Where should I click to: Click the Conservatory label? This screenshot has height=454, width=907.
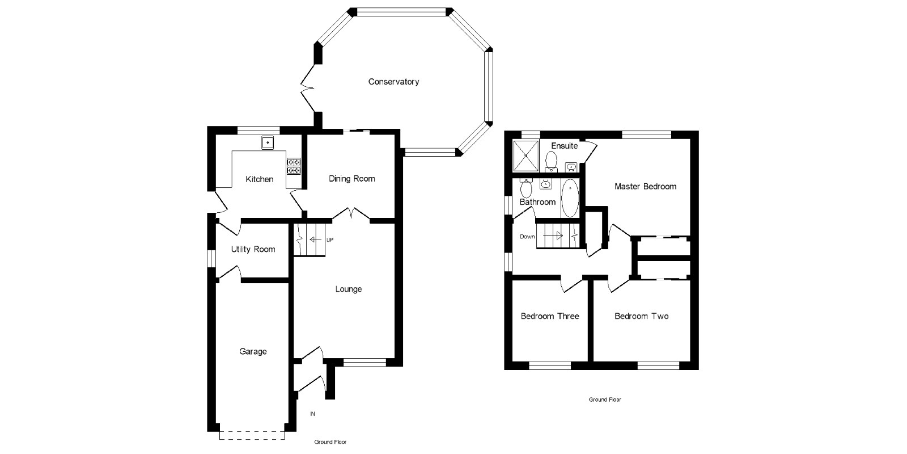393,82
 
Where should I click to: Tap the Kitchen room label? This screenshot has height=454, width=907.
259,179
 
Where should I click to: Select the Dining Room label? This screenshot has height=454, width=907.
351,179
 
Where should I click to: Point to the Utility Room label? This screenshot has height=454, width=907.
253,249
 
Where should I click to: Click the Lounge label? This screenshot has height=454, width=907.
348,289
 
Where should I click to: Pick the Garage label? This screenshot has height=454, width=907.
253,352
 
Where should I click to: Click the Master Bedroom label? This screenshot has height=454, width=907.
645,186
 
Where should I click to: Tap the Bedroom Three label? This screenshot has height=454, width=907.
550,316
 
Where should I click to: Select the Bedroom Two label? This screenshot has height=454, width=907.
641,316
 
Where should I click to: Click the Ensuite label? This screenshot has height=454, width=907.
564,146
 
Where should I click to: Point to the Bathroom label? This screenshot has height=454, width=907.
537,202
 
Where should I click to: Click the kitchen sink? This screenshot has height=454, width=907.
268,142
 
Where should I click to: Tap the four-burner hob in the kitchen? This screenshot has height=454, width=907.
294,165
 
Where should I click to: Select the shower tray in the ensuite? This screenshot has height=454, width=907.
527,155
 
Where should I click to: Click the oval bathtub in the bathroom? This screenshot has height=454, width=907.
570,198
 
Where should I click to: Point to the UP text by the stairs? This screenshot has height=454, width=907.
330,240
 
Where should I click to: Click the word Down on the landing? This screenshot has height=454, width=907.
527,237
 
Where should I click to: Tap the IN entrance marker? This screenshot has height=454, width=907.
312,414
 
